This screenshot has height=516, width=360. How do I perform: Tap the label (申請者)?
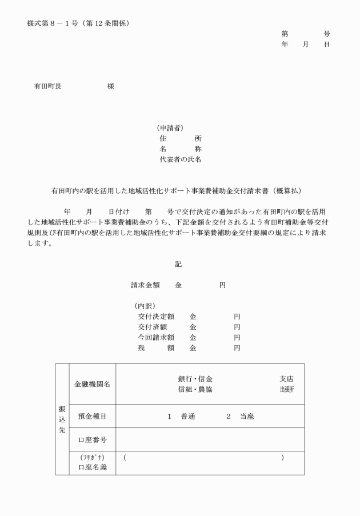pyautogui.click(x=170, y=128)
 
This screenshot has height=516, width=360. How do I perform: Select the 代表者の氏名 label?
pyautogui.click(x=180, y=159)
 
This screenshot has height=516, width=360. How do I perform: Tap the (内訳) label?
pyautogui.click(x=145, y=306)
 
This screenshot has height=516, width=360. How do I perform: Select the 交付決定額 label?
pyautogui.click(x=155, y=316)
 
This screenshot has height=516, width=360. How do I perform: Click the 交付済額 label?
pyautogui.click(x=151, y=327)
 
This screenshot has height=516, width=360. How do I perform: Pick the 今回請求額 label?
pyautogui.click(x=155, y=337)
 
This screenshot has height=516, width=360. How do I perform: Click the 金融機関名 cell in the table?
pyautogui.click(x=92, y=384)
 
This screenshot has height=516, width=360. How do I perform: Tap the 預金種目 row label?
pyautogui.click(x=92, y=416)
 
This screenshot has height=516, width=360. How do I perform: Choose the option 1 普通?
pyautogui.click(x=182, y=416)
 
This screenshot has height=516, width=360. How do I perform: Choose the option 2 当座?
pyautogui.click(x=240, y=416)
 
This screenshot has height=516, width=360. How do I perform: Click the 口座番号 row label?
pyautogui.click(x=92, y=440)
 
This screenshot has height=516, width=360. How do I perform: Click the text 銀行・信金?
pyautogui.click(x=195, y=379)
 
